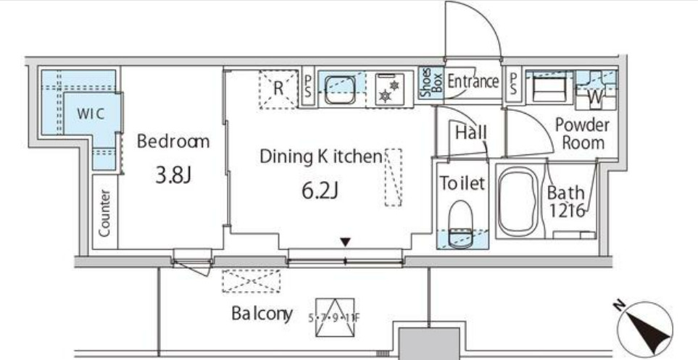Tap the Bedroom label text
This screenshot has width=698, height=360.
tap(173, 141)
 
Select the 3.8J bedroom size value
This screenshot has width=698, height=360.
tap(173, 176)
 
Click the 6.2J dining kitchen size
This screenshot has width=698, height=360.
tap(320, 191)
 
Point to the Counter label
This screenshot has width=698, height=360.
tap(105, 213)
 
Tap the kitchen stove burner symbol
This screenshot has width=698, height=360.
tap(389, 91)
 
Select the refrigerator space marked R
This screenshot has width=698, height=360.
tap(278, 88)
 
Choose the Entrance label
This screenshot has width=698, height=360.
tap(473, 81)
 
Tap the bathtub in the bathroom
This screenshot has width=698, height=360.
tap(519, 204)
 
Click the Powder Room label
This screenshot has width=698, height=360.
tap(582, 133)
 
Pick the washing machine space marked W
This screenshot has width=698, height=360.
tap(597, 94)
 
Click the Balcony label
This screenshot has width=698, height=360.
tap(262, 314)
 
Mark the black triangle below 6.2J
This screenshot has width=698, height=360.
tap(346, 241)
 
